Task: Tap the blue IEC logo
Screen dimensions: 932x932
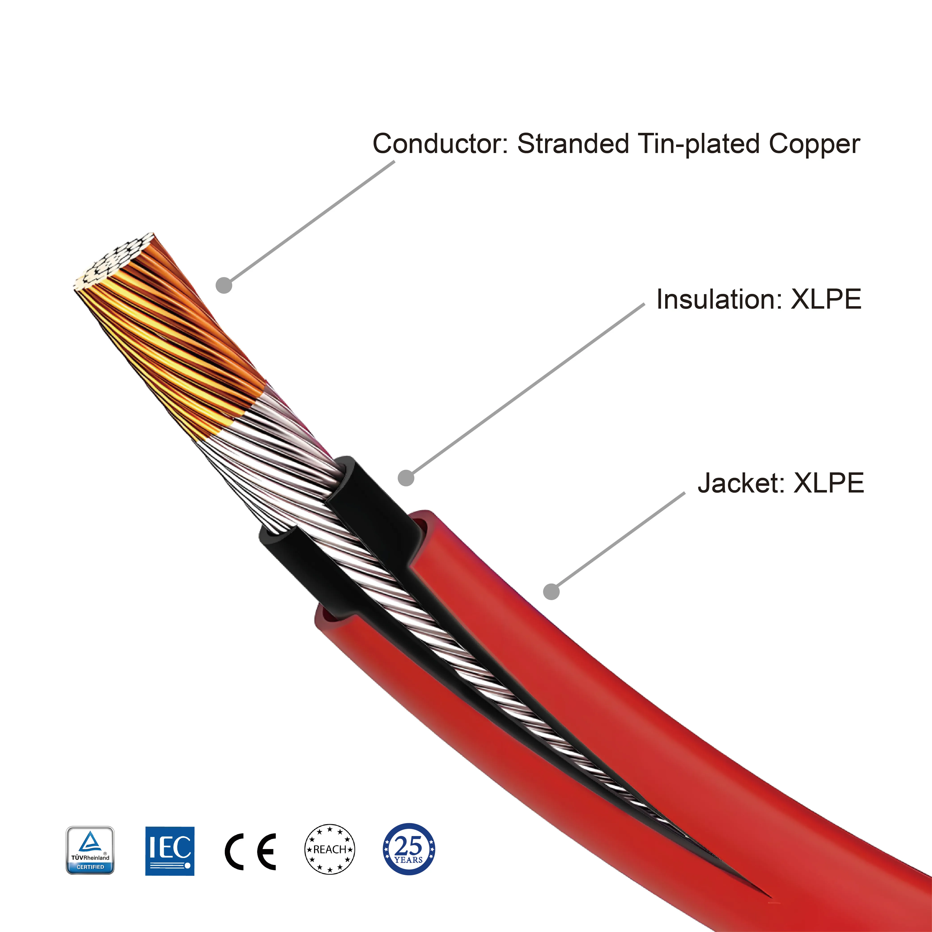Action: [170, 850]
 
